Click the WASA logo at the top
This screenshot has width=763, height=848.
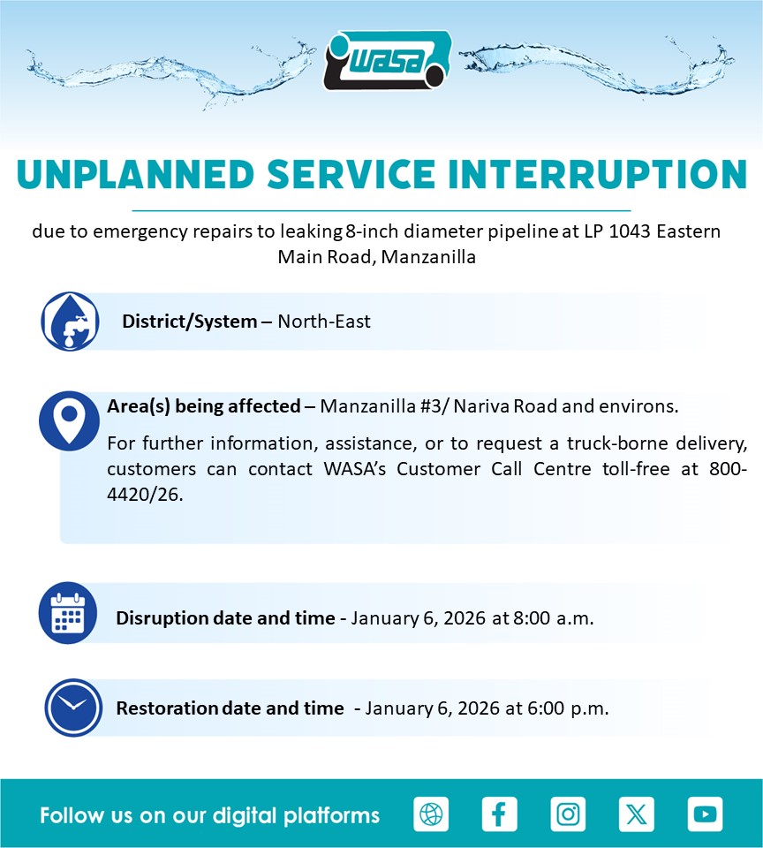pos(388,60)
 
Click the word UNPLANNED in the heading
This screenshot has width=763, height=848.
pos(135,175)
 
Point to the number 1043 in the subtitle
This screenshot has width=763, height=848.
pos(630,231)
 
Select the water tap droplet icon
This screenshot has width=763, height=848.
pos(71,322)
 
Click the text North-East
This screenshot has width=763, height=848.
pos(324,322)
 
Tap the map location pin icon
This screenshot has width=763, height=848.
pos(69,420)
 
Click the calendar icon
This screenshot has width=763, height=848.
pos(68,613)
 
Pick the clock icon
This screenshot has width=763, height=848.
pos(73,708)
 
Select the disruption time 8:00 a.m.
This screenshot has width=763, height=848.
pos(553,618)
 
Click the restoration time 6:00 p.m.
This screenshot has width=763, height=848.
pos(568,708)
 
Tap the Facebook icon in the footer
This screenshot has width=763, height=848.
pos(500,814)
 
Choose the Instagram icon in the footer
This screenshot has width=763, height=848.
pos(568,814)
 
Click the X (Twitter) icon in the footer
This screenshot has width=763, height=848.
pos(637,814)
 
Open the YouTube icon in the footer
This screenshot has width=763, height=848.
pos(705,814)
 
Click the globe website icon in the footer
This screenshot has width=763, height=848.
pos(431,814)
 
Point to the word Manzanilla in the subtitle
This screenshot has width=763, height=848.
pos(428,257)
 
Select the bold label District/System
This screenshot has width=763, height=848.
pos(189,322)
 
